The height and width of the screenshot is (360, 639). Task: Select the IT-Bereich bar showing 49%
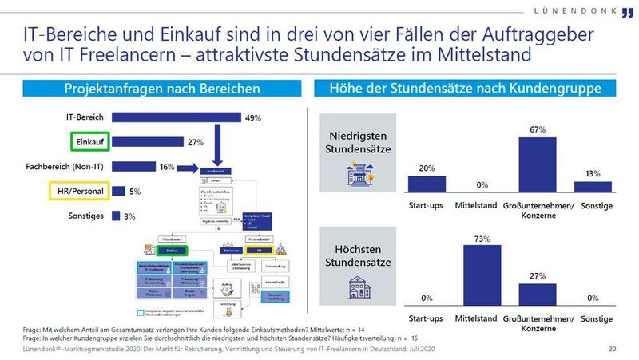(x=176, y=117)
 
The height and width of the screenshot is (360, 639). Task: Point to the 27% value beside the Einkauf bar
(x=196, y=142)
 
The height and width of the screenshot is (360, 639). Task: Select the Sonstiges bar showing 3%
(x=116, y=216)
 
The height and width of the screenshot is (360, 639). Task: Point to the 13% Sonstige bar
(x=593, y=186)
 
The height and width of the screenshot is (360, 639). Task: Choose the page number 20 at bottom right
(x=612, y=350)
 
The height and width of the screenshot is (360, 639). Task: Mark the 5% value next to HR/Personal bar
(x=136, y=192)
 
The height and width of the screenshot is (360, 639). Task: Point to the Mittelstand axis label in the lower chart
(x=476, y=318)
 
